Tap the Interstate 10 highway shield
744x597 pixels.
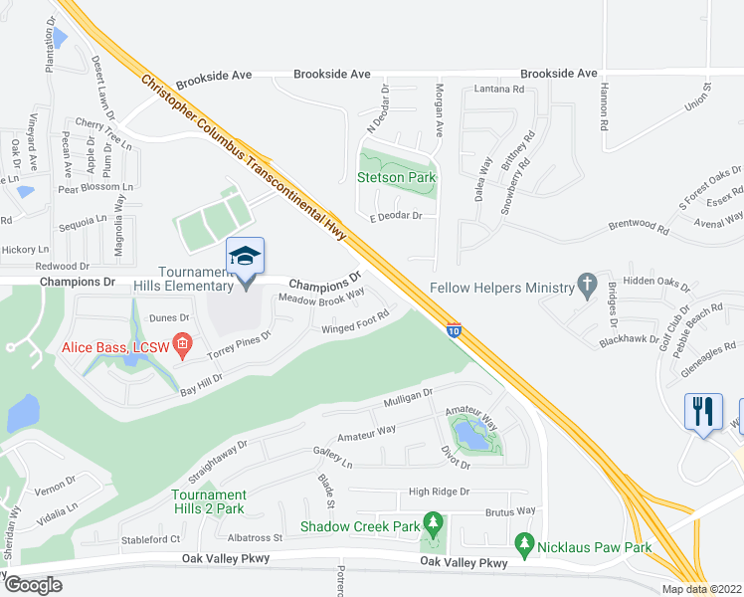(454, 330)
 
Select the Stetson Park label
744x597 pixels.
(397, 178)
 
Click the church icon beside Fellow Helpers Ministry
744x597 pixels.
(587, 288)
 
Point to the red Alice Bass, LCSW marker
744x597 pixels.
(182, 345)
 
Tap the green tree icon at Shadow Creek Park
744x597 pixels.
(432, 521)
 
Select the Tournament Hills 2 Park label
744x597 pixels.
(208, 501)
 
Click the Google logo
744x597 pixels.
(33, 585)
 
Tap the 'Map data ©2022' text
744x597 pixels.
(701, 589)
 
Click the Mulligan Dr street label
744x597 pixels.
(409, 399)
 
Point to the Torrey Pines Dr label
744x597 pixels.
(239, 345)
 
